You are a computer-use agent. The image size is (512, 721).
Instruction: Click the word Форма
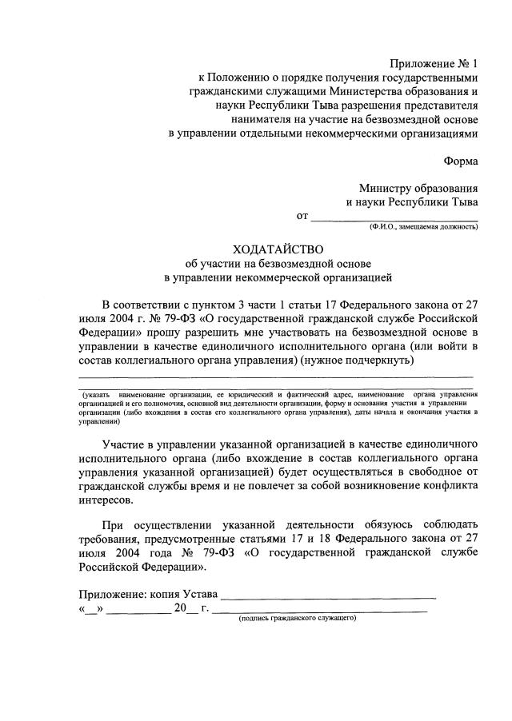[461, 160]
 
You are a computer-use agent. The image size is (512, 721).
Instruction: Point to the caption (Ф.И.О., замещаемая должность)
[423, 228]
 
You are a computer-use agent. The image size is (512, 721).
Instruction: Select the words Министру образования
[418, 188]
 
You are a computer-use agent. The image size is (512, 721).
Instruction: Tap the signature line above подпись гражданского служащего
[319, 611]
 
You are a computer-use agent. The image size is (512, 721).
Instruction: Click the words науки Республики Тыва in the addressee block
[412, 202]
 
